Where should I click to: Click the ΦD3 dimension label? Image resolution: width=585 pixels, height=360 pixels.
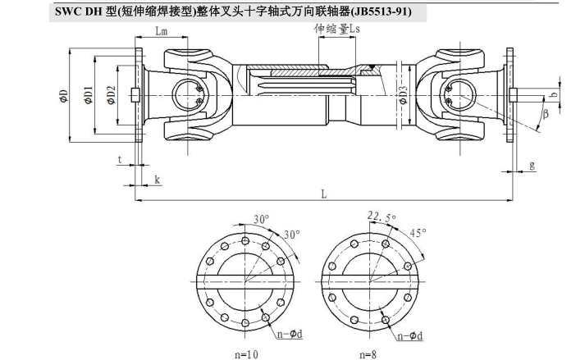point(402,97)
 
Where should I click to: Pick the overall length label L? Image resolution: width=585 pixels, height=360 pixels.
point(325,194)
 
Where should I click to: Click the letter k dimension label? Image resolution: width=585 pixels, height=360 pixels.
point(157,179)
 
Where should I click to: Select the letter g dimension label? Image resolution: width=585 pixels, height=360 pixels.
point(532,165)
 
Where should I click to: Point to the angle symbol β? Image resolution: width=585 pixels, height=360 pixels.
point(545,114)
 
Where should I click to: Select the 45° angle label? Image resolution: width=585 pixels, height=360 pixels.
point(418,233)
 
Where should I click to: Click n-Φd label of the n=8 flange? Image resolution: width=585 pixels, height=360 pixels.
point(412,336)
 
